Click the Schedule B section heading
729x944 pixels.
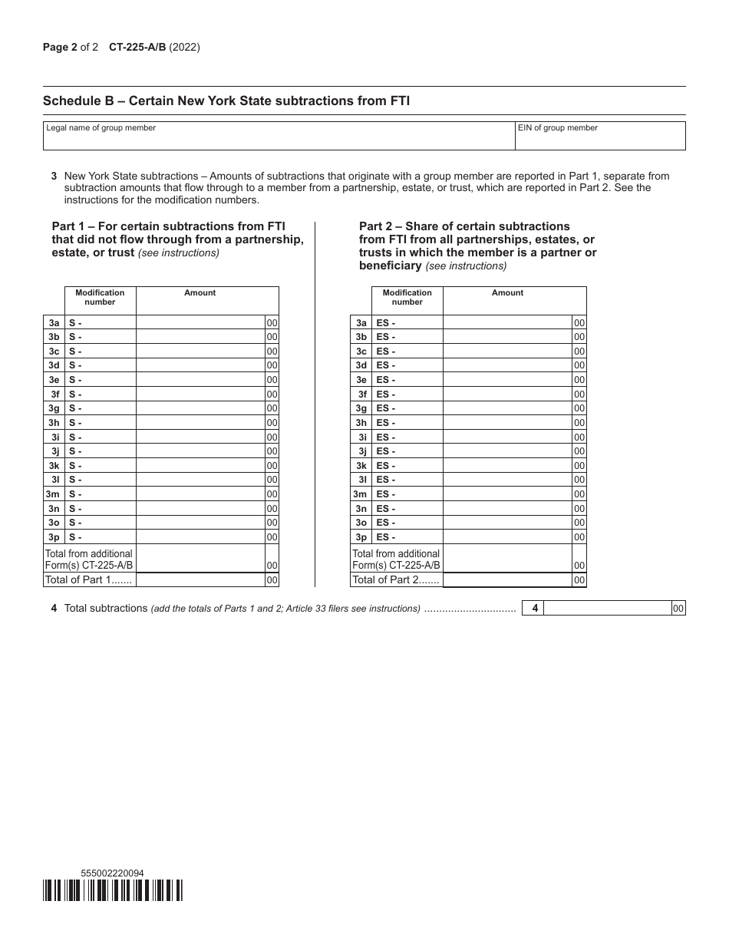point(226,101)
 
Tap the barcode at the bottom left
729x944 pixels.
point(114,890)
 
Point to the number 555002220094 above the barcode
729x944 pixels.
point(112,873)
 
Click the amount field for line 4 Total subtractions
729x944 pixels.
point(608,609)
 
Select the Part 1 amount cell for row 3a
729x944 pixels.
point(200,323)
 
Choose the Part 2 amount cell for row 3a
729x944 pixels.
point(508,323)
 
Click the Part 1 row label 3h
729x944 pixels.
point(54,423)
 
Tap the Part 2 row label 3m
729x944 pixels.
point(361,494)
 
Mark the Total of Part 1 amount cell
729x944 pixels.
point(200,580)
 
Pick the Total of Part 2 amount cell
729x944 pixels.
point(508,580)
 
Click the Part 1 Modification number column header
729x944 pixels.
point(100,297)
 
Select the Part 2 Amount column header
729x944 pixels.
point(507,293)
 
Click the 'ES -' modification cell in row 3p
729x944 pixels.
point(407,537)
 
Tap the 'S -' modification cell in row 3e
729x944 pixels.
point(101,380)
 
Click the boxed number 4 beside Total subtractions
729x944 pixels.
point(535,609)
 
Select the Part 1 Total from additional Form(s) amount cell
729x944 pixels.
point(200,559)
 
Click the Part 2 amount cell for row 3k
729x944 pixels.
point(508,466)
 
